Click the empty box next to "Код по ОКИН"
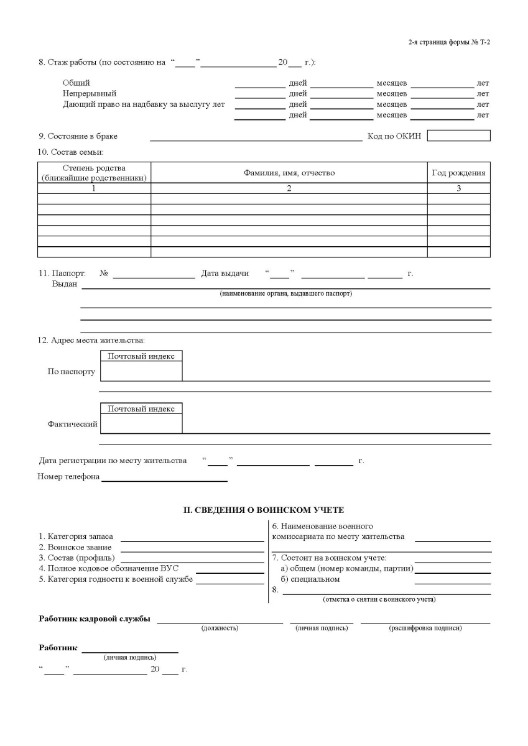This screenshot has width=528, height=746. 458,136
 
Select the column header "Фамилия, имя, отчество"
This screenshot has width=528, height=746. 289,173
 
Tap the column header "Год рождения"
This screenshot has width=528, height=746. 458,173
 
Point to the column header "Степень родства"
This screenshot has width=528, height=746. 94,168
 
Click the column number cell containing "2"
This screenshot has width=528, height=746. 289,188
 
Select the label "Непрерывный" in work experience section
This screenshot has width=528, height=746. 90,94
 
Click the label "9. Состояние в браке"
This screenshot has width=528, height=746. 78,136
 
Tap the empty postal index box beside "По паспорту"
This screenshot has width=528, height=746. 141,371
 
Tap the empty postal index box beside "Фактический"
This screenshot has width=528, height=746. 141,423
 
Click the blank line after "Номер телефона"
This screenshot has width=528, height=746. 164,477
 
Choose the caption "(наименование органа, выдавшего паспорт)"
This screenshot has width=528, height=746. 285,293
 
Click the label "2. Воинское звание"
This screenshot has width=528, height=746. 75,547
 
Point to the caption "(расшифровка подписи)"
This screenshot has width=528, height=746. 425,628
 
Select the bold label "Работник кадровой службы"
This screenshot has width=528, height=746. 95,619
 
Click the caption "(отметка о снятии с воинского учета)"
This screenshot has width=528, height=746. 379,599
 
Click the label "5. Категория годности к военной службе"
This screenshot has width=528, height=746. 116,579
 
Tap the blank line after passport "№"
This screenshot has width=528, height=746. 154,274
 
